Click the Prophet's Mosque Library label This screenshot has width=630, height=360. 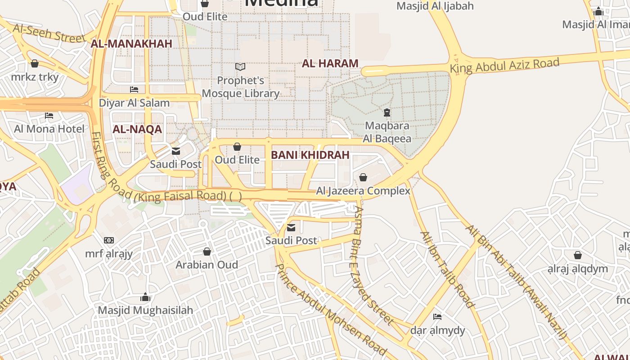[241, 87]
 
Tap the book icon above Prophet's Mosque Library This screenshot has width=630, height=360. [240, 67]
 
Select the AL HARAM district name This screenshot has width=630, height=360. [330, 63]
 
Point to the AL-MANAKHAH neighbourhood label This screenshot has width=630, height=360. [131, 44]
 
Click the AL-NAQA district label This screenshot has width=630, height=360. [137, 130]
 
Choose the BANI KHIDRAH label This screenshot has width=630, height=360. [310, 155]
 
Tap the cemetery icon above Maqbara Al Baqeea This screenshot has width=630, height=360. [387, 112]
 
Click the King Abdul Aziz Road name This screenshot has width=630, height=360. [504, 66]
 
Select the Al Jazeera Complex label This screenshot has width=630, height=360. [363, 191]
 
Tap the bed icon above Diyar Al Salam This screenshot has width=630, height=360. [134, 89]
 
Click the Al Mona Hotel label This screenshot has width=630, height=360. [49, 129]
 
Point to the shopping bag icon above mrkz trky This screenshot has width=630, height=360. [35, 63]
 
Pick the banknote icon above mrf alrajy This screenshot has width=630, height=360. [109, 240]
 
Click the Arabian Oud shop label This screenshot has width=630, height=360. [207, 265]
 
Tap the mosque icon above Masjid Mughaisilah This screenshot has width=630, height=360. [145, 297]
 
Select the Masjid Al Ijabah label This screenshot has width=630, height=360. [435, 6]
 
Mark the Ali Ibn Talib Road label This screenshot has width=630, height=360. [447, 270]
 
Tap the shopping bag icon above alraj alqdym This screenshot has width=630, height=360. [578, 256]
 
